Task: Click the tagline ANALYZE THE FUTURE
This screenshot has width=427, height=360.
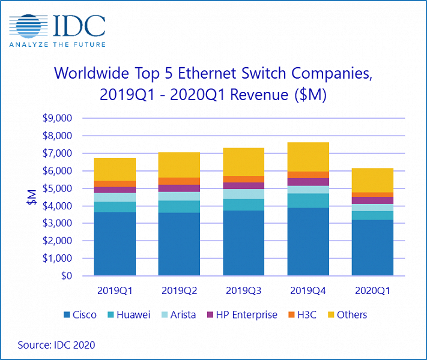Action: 58,44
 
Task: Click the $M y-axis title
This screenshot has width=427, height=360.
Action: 31,197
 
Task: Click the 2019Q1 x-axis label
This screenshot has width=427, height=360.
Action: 115,290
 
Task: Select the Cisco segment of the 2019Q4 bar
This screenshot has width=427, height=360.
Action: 309,242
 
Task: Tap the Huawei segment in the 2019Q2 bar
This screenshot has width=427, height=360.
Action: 180,206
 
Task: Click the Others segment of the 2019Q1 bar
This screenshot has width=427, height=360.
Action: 115,169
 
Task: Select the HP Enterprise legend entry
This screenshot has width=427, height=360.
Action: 243,314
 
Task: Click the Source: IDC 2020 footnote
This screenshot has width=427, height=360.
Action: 56,345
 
